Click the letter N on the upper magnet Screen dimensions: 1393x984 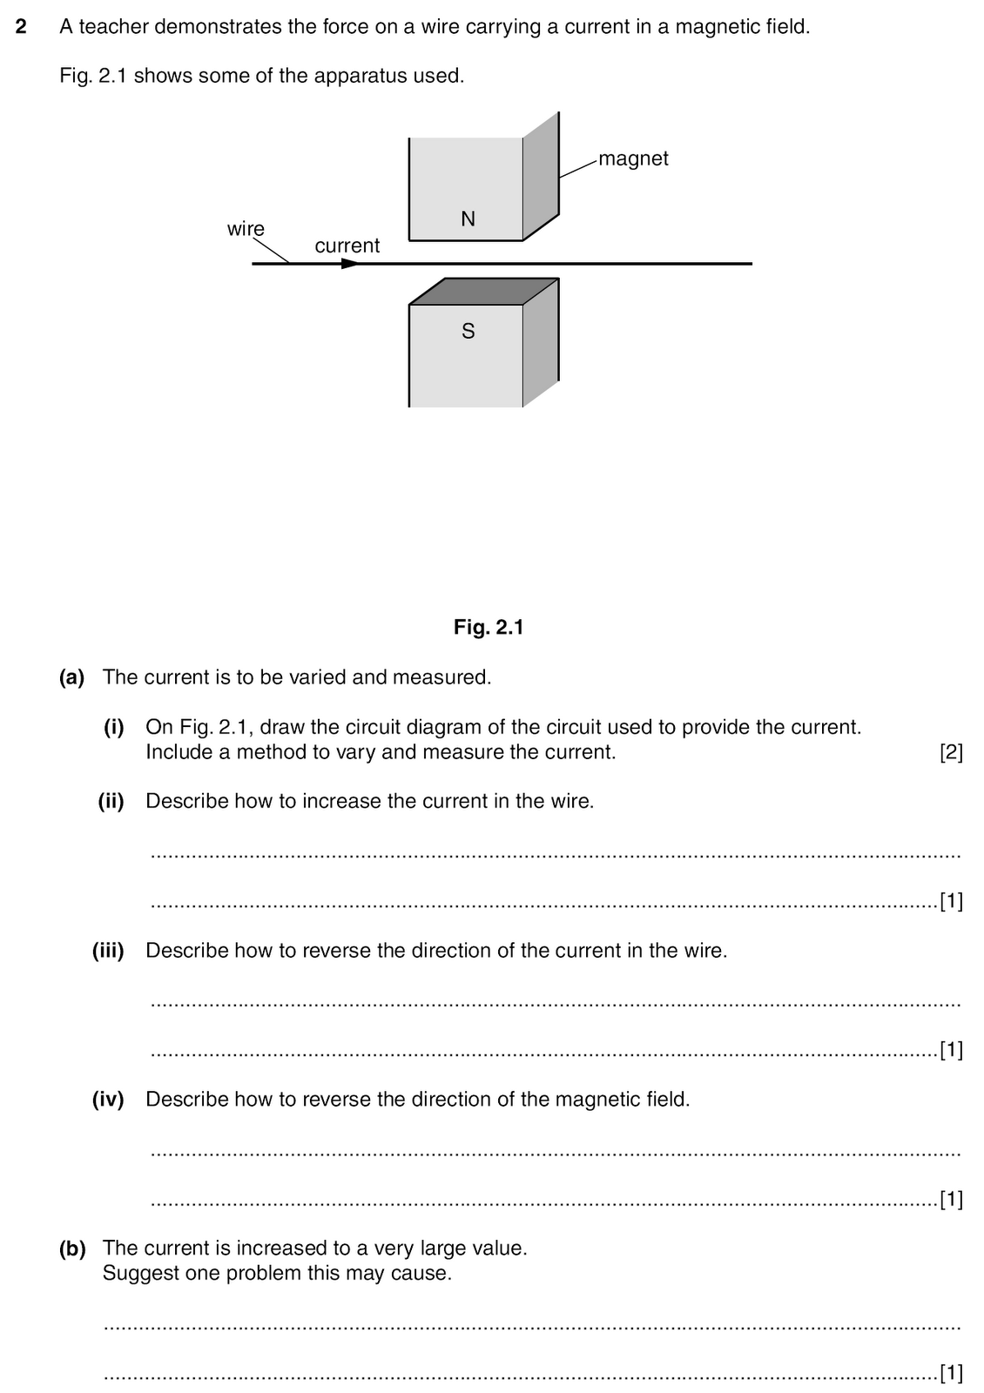[x=468, y=219]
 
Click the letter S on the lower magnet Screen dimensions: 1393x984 [x=468, y=331]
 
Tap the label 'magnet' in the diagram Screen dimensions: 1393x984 [x=633, y=158]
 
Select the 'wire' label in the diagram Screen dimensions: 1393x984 [x=246, y=229]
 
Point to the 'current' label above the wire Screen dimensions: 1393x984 [x=347, y=246]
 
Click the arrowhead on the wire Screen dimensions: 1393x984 [x=350, y=263]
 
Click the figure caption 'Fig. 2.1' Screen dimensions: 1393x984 [x=489, y=627]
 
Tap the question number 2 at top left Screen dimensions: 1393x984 [x=22, y=27]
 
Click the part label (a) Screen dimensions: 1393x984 [x=71, y=677]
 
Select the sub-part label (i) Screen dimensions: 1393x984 [x=114, y=727]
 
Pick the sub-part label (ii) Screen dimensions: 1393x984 [x=111, y=801]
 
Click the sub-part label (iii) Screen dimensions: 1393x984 [x=108, y=951]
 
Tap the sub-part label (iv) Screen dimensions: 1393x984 [x=108, y=1100]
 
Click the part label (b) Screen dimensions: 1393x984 [x=72, y=1248]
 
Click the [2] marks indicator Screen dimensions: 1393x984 [x=951, y=752]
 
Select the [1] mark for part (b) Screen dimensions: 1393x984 [x=951, y=1374]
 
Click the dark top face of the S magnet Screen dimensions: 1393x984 [x=483, y=291]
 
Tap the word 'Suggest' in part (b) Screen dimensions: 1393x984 [x=135, y=1274]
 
